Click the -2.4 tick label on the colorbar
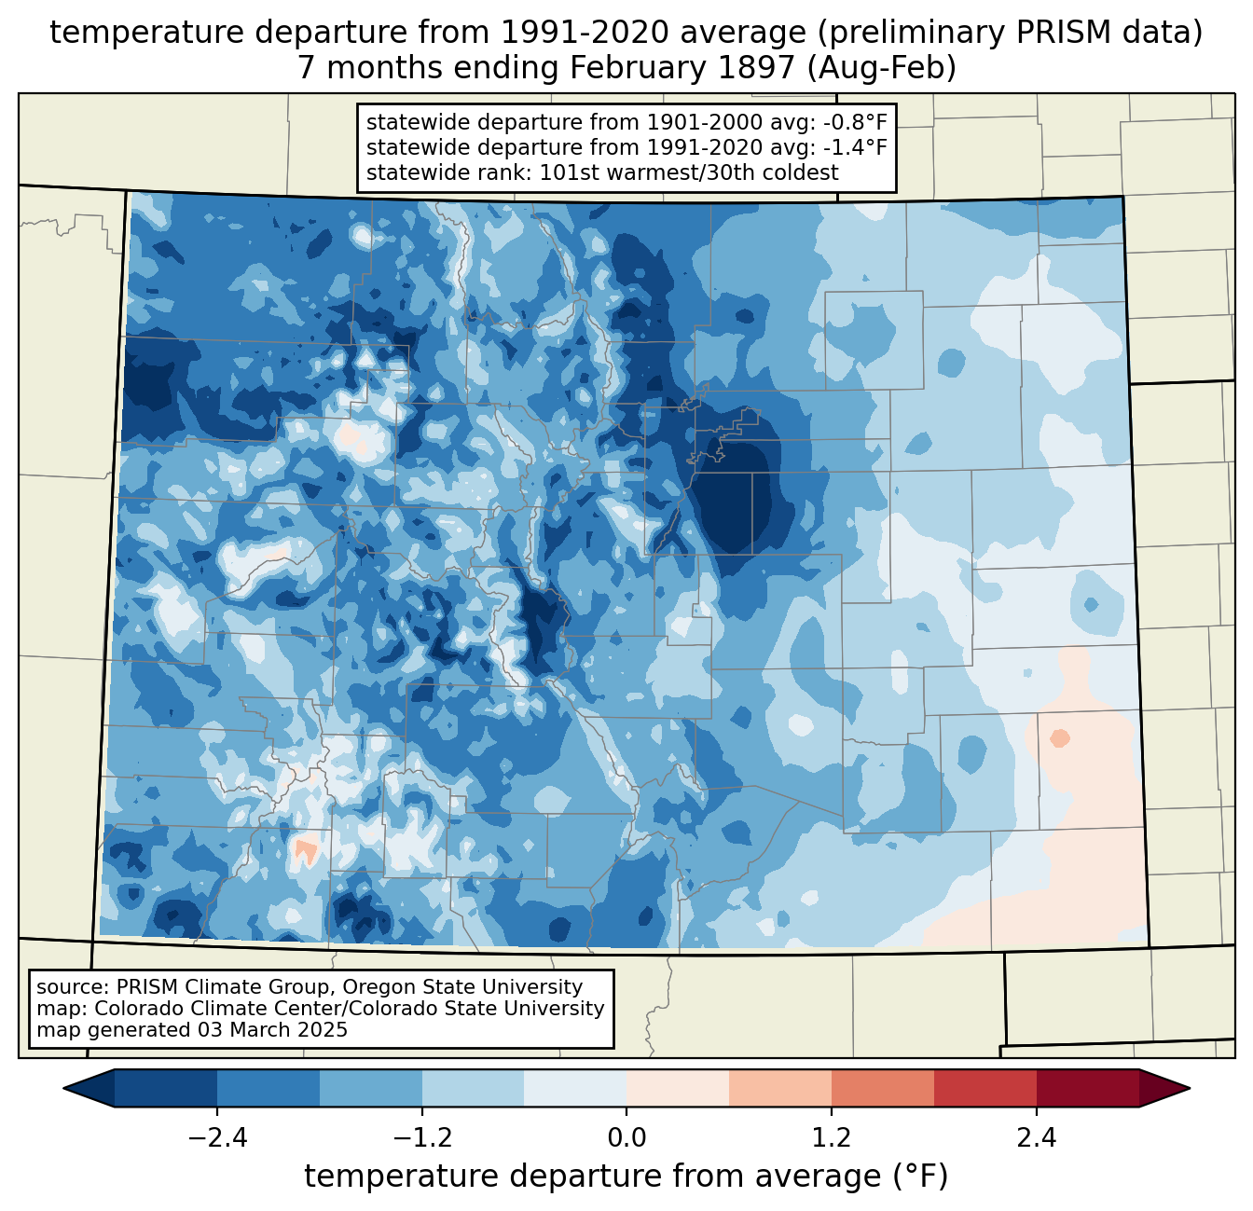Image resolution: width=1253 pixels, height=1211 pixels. (216, 1138)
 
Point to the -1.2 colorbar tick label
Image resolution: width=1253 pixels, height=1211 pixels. (421, 1138)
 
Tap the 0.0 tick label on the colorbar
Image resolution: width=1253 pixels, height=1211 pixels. (626, 1138)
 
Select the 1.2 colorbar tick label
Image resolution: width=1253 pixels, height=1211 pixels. (832, 1138)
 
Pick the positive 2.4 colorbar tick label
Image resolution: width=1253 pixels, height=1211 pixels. (1037, 1138)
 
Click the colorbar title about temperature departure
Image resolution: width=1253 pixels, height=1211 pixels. (626, 1177)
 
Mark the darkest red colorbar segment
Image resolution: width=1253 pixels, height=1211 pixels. (1087, 1088)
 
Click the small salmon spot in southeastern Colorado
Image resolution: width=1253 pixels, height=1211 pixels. (1059, 737)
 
